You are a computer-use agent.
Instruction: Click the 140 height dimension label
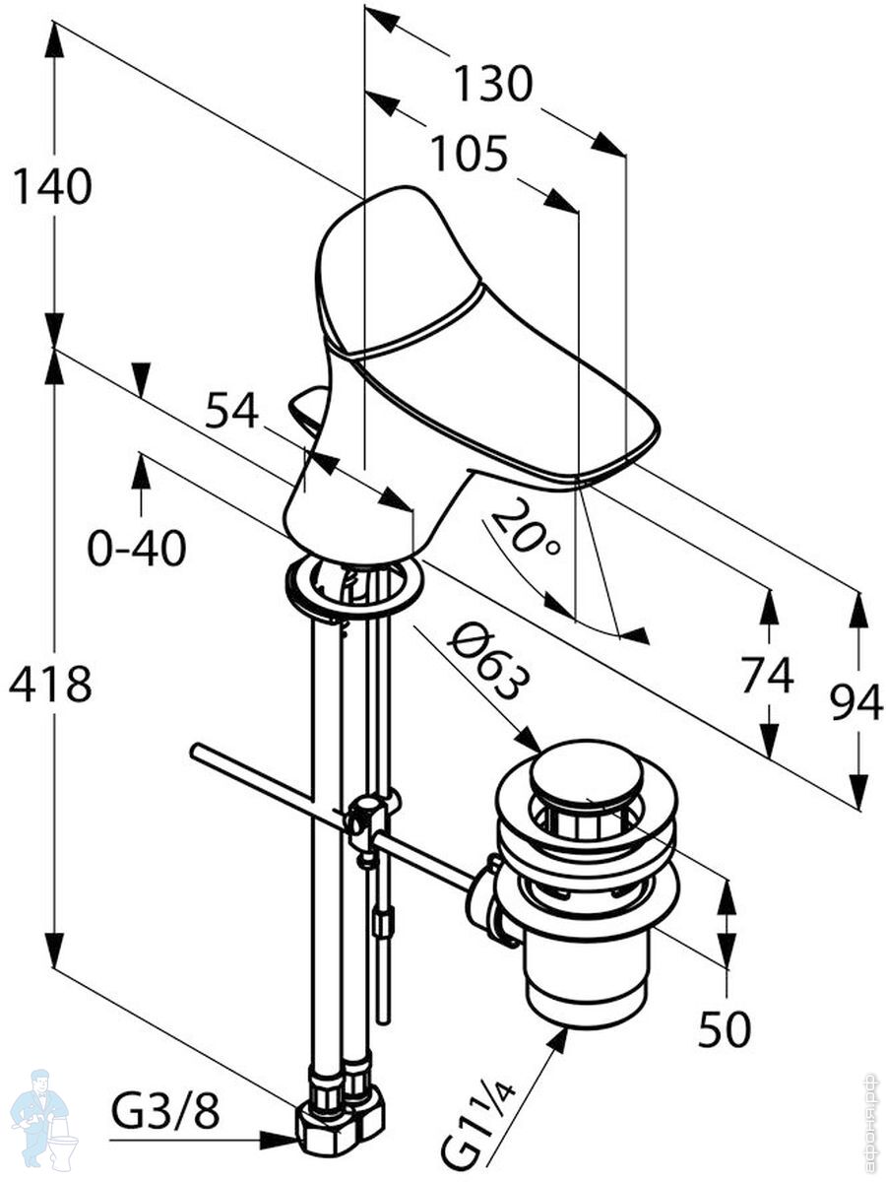pos(52,186)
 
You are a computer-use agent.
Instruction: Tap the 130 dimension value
pos(492,85)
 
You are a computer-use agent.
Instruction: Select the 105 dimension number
pos(469,154)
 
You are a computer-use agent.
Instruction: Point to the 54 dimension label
pos(230,409)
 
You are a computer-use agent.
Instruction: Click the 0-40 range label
pos(137,549)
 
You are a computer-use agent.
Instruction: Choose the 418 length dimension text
pos(50,684)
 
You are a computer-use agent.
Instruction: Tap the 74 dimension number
pos(767,677)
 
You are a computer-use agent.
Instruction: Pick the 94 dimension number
pos(855,703)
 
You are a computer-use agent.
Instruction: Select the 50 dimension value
pos(725,1030)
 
